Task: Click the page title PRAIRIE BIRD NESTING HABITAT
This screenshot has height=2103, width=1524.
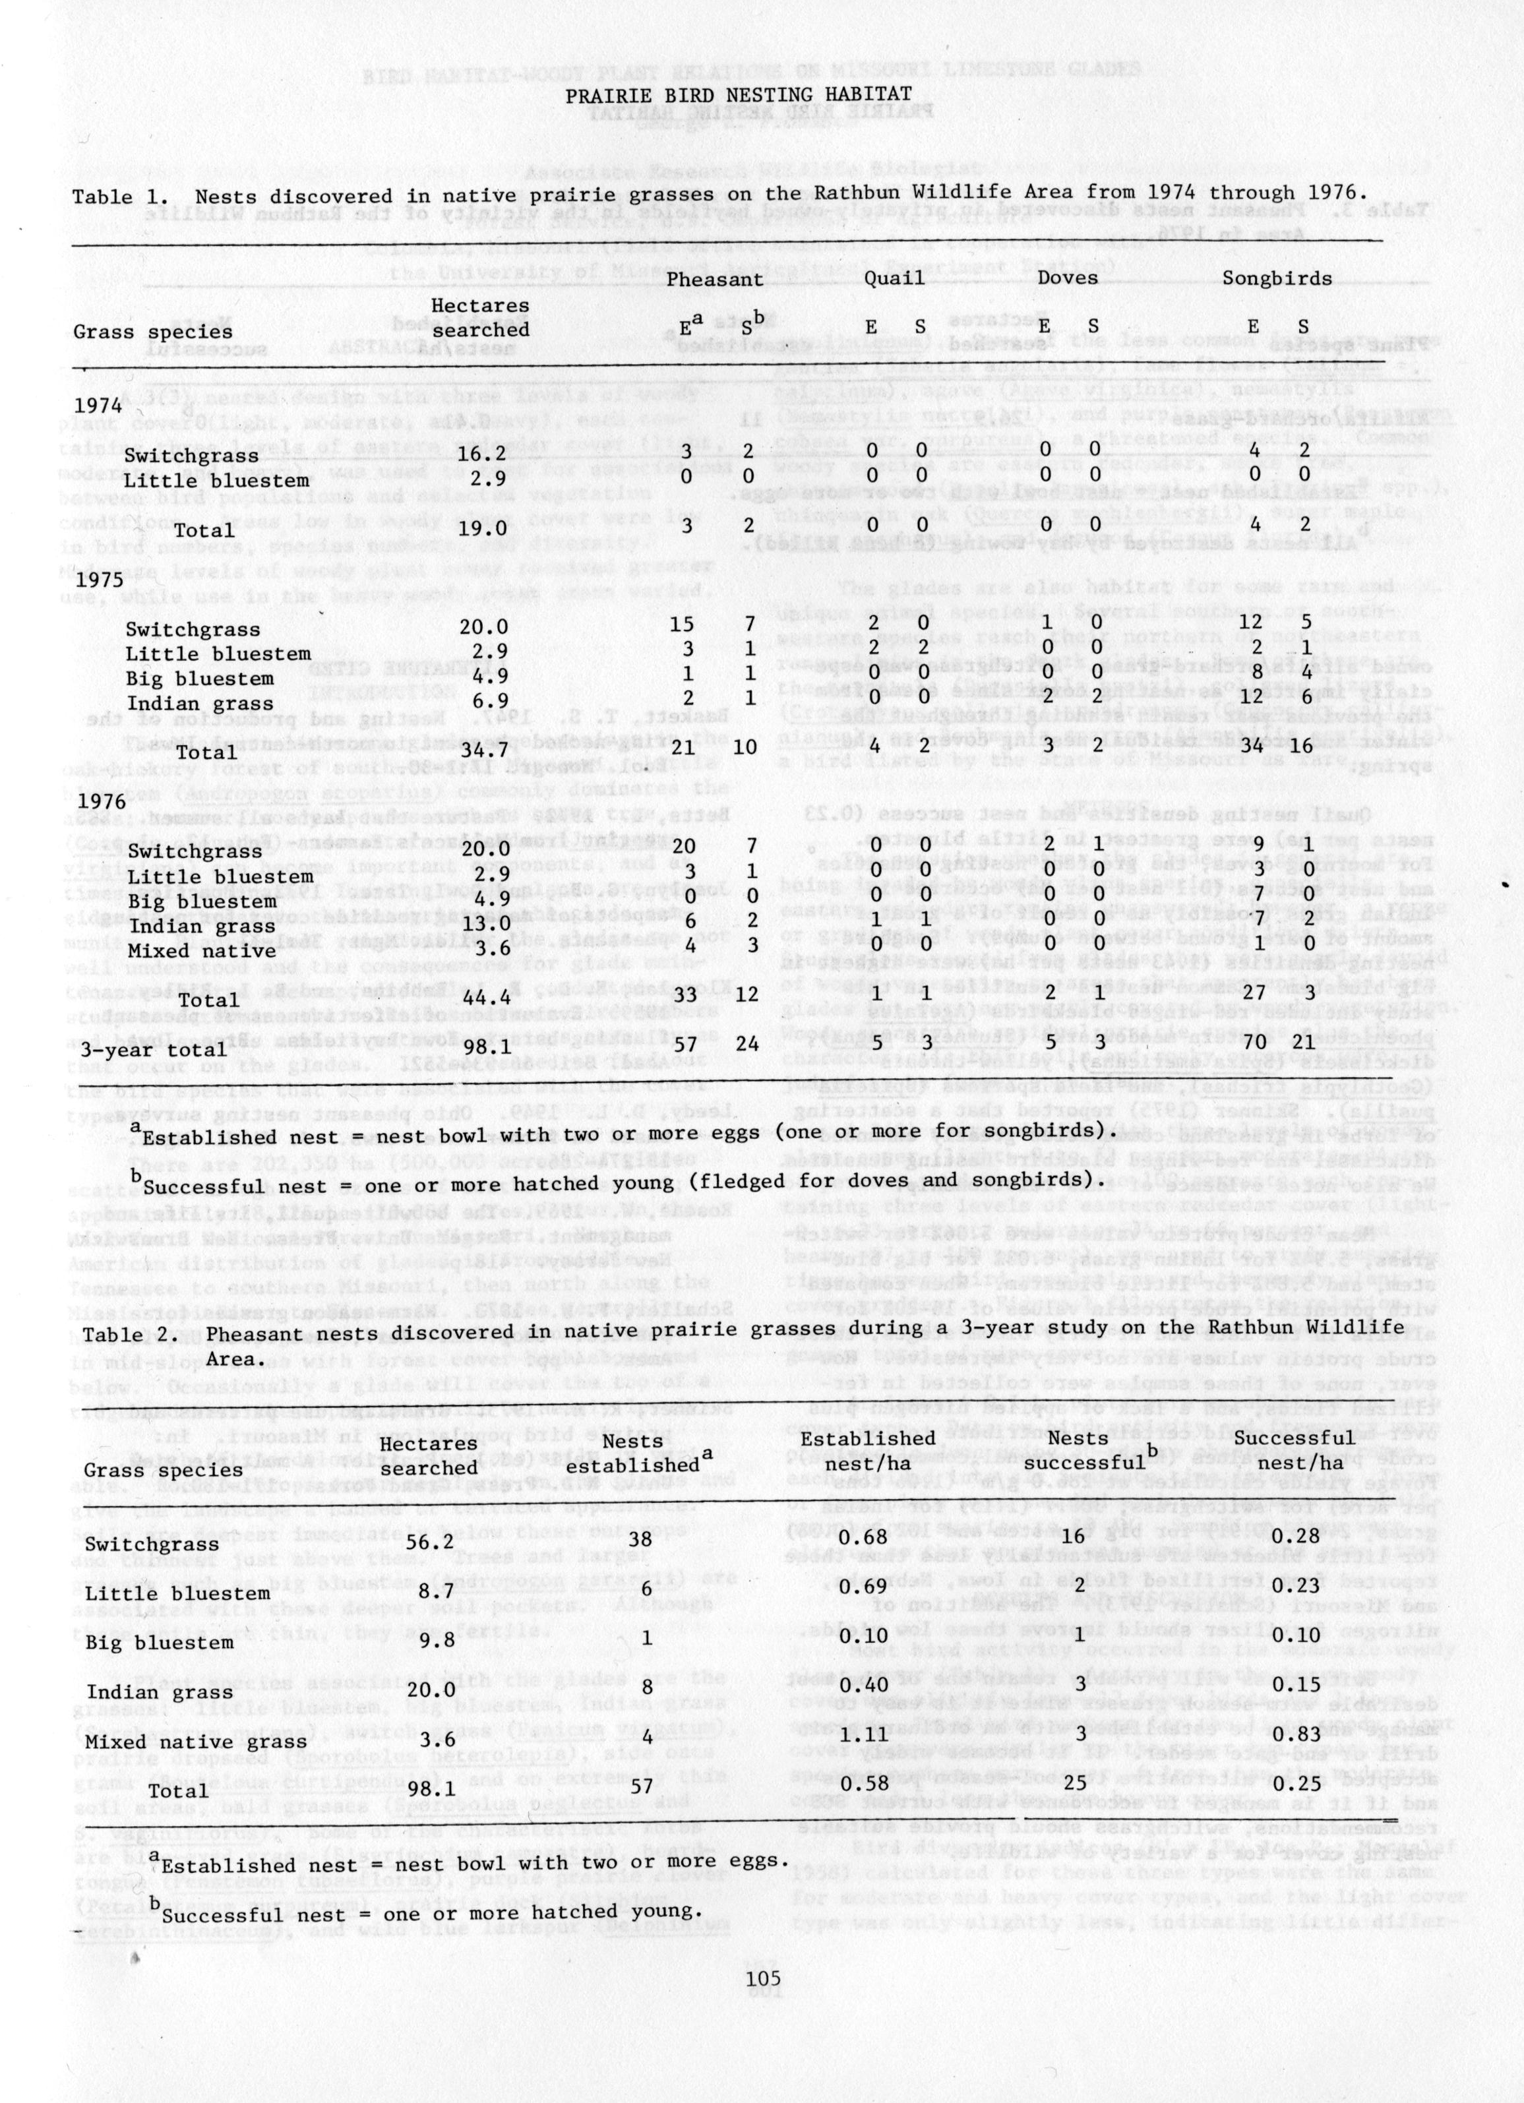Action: (x=739, y=94)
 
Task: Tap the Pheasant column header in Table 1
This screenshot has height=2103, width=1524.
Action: (x=715, y=278)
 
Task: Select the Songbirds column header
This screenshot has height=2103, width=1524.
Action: (x=1277, y=277)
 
